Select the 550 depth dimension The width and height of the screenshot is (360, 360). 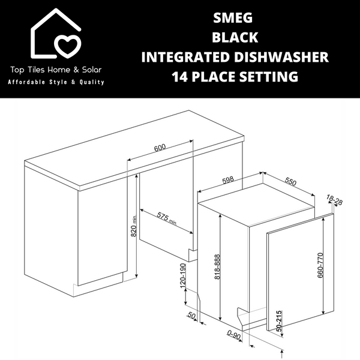click(290, 181)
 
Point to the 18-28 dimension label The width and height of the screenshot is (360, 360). click(335, 200)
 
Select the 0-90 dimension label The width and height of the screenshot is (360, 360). click(234, 337)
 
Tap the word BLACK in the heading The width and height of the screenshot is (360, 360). click(235, 37)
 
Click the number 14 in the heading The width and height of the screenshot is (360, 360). click(179, 77)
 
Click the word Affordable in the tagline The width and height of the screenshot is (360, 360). click(29, 82)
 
